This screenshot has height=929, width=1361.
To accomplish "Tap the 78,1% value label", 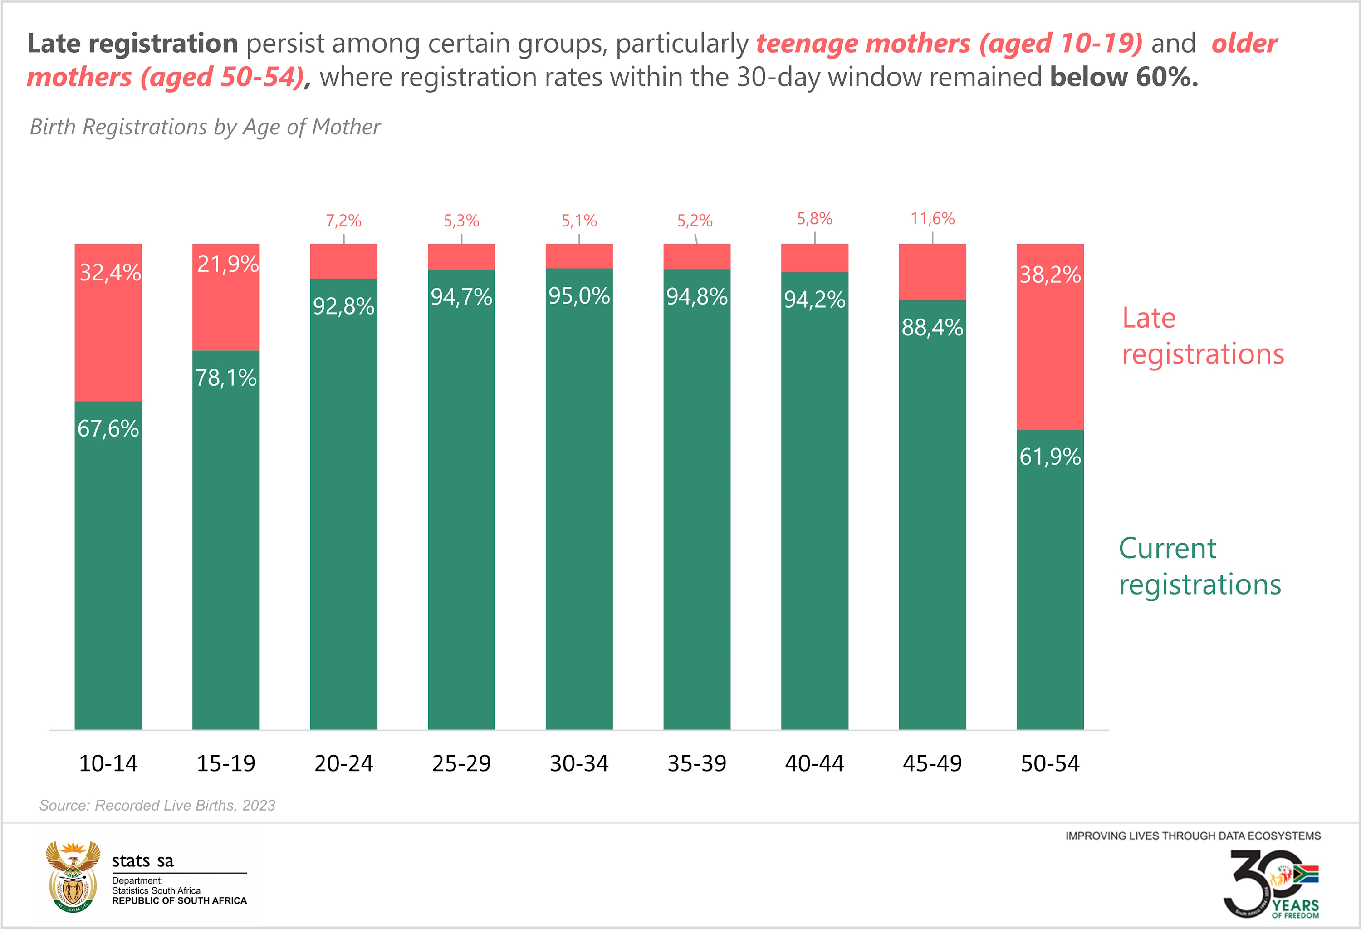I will pyautogui.click(x=226, y=378).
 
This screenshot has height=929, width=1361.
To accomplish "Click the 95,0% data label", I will pyautogui.click(x=579, y=296).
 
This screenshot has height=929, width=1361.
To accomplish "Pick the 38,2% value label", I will pyautogui.click(x=1050, y=275).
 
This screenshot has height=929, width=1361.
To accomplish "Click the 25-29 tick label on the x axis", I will pyautogui.click(x=461, y=763).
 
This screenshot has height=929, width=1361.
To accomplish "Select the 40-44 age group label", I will pyautogui.click(x=815, y=763).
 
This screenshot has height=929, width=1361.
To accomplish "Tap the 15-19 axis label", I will pyautogui.click(x=226, y=763).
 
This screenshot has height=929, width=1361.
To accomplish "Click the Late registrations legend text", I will pyautogui.click(x=1202, y=336).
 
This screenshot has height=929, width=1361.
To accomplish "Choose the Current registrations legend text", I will pyautogui.click(x=1199, y=566).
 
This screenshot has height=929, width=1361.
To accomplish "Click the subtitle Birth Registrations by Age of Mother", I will pyautogui.click(x=205, y=127).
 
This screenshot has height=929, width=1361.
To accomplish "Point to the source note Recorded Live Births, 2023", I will pyautogui.click(x=157, y=806).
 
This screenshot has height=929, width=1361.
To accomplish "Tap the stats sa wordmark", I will pyautogui.click(x=143, y=861).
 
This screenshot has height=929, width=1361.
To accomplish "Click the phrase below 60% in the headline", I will pyautogui.click(x=1124, y=77).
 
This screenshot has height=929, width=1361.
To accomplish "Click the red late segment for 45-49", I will pyautogui.click(x=932, y=272).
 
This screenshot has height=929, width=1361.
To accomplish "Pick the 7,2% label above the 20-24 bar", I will pyautogui.click(x=344, y=221).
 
